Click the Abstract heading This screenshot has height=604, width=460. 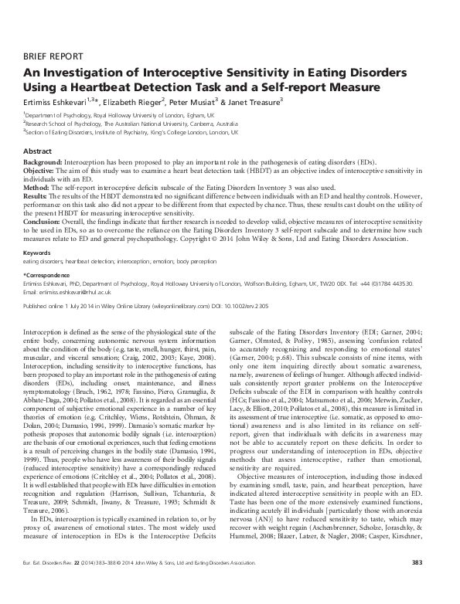tap(38, 151)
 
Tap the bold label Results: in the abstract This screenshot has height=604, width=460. tap(36, 195)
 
